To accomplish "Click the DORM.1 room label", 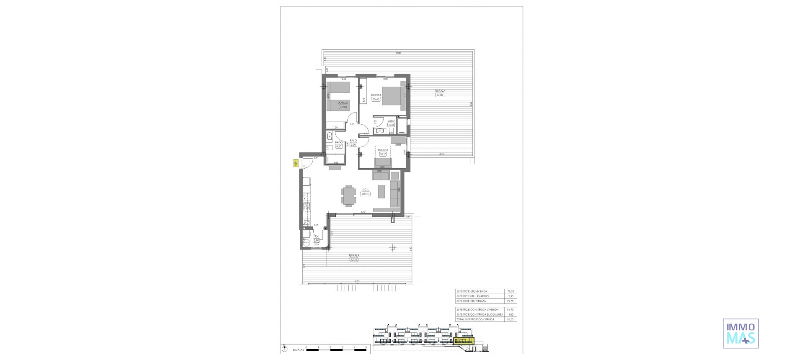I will [x=375, y=95].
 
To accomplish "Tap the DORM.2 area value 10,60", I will [x=343, y=107].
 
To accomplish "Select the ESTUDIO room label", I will [x=383, y=149].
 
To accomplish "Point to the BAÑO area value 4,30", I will [x=339, y=147].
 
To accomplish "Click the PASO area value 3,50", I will [x=353, y=144].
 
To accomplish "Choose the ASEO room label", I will [x=391, y=121].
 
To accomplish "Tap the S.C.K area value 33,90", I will [x=366, y=194].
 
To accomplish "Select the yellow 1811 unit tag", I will [x=295, y=164].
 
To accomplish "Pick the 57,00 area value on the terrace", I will [x=440, y=95].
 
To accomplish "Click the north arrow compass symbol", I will [x=285, y=348].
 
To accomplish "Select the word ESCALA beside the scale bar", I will [x=298, y=349].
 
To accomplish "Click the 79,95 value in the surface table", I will [x=510, y=291].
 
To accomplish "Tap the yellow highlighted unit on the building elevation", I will [x=464, y=342].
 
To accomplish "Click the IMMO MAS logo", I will [x=741, y=334].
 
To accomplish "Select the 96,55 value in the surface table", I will [x=510, y=319].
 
